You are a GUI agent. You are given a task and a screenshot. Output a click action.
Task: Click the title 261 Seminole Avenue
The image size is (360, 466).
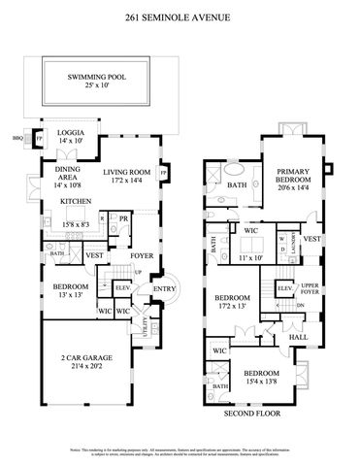coord(180,17)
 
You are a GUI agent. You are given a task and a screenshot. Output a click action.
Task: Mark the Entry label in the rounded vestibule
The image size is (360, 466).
coord(164,288)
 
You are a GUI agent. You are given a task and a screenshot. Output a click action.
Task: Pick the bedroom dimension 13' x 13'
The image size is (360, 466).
coord(70,294)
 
